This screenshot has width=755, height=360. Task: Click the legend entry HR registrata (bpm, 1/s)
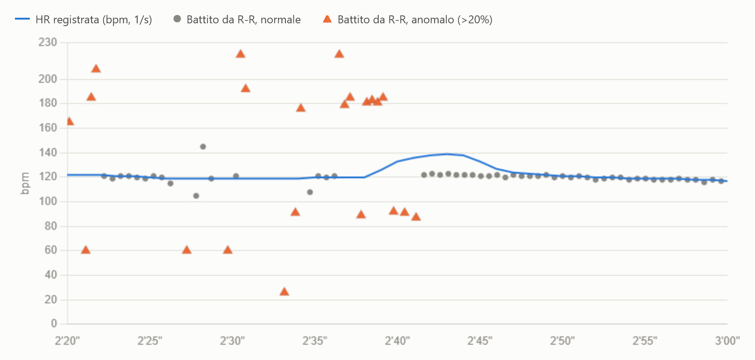pos(83,20)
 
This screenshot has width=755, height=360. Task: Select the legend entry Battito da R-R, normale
pos(236,20)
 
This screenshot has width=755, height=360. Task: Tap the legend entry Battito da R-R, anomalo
pos(408,20)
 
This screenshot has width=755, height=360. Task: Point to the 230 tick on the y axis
pos(48,42)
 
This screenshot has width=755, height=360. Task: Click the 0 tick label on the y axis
pos(54,324)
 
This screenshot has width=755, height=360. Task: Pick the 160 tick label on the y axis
pos(48,128)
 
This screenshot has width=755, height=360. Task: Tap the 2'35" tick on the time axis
pos(314,341)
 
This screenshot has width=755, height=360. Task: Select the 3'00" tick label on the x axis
pos(727,341)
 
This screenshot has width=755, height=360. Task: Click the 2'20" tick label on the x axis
pos(68,341)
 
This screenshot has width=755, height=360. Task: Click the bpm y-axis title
pos(25,183)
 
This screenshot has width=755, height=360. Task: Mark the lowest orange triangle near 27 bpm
pos(284,291)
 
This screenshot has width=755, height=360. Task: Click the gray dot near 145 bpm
pos(203,146)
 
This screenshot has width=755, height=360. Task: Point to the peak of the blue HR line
pos(447,154)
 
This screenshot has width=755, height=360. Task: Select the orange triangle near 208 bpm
pos(96,69)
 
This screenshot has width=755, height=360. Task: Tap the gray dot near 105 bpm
pos(196,196)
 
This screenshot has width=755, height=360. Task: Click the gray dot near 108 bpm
pos(310,192)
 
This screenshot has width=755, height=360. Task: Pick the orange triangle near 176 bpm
pos(301,108)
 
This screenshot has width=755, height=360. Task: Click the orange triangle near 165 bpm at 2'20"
pos(70,121)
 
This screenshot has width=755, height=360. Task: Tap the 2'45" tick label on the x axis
pos(479,341)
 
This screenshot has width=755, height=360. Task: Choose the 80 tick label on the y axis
pos(50,226)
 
